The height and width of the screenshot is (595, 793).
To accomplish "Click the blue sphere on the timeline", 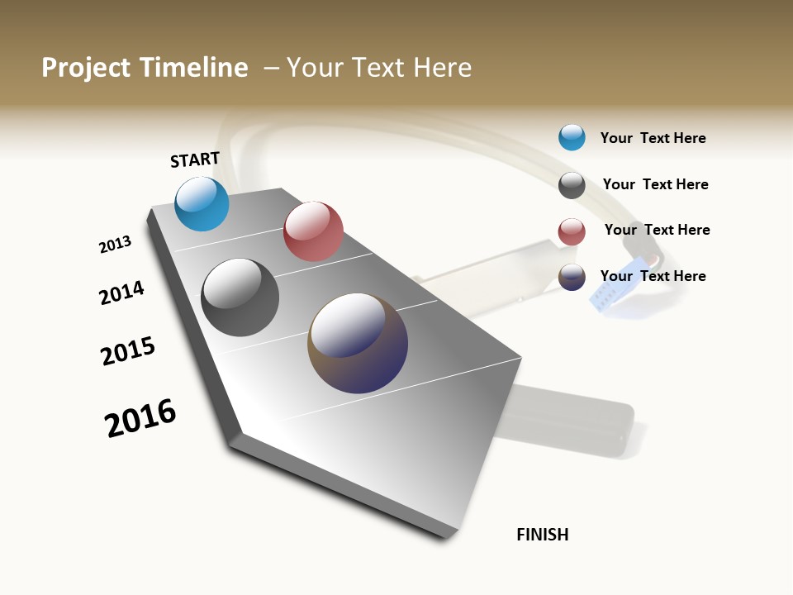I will pyautogui.click(x=202, y=203).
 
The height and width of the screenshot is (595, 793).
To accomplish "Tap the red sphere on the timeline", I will pyautogui.click(x=313, y=231).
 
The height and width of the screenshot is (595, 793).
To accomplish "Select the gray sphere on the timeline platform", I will pyautogui.click(x=240, y=297).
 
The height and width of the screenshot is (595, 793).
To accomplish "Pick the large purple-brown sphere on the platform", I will pyautogui.click(x=358, y=342).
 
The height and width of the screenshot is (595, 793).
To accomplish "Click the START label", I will pyautogui.click(x=195, y=159).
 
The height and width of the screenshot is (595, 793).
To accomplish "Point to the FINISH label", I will pyautogui.click(x=542, y=535).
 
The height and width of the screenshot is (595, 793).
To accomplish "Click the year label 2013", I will pyautogui.click(x=115, y=245).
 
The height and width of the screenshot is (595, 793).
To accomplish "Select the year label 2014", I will pyautogui.click(x=121, y=293).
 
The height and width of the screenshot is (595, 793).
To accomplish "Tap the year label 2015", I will pyautogui.click(x=128, y=351).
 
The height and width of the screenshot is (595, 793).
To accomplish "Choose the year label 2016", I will pyautogui.click(x=140, y=417).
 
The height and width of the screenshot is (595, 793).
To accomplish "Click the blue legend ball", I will pyautogui.click(x=572, y=137).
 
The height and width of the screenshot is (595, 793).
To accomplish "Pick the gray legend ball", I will pyautogui.click(x=572, y=185).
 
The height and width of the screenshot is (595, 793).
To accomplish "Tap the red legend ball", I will pyautogui.click(x=572, y=231).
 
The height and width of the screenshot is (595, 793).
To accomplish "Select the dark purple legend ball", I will pyautogui.click(x=572, y=277).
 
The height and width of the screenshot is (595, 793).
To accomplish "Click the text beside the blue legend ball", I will pyautogui.click(x=653, y=138).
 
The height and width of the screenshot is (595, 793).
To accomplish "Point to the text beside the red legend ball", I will pyautogui.click(x=657, y=230).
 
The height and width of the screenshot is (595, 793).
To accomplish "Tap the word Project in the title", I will pyautogui.click(x=86, y=68).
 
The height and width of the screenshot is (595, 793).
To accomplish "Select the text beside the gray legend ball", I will pyautogui.click(x=655, y=184).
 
